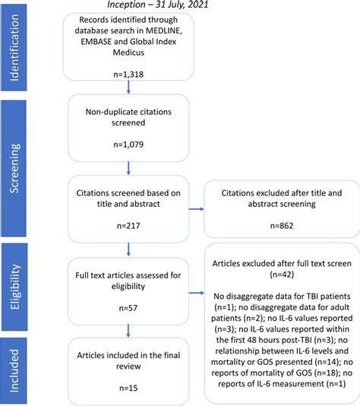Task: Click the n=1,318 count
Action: tap(128, 75)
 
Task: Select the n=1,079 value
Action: tap(128, 144)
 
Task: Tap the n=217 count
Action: tap(128, 226)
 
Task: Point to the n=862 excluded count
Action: tap(282, 226)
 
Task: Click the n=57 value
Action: tap(128, 308)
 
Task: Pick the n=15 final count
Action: tap(128, 389)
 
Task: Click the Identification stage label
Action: tap(14, 48)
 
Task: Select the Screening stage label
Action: tap(14, 169)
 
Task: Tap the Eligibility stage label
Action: tap(14, 287)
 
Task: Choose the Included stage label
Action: tap(14, 371)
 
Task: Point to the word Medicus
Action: tap(128, 52)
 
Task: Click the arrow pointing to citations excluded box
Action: tap(197, 209)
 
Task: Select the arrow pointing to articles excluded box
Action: tap(197, 293)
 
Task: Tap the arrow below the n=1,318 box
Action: tap(128, 87)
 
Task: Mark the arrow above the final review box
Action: tap(128, 331)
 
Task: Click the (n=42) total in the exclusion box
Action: tap(282, 274)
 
